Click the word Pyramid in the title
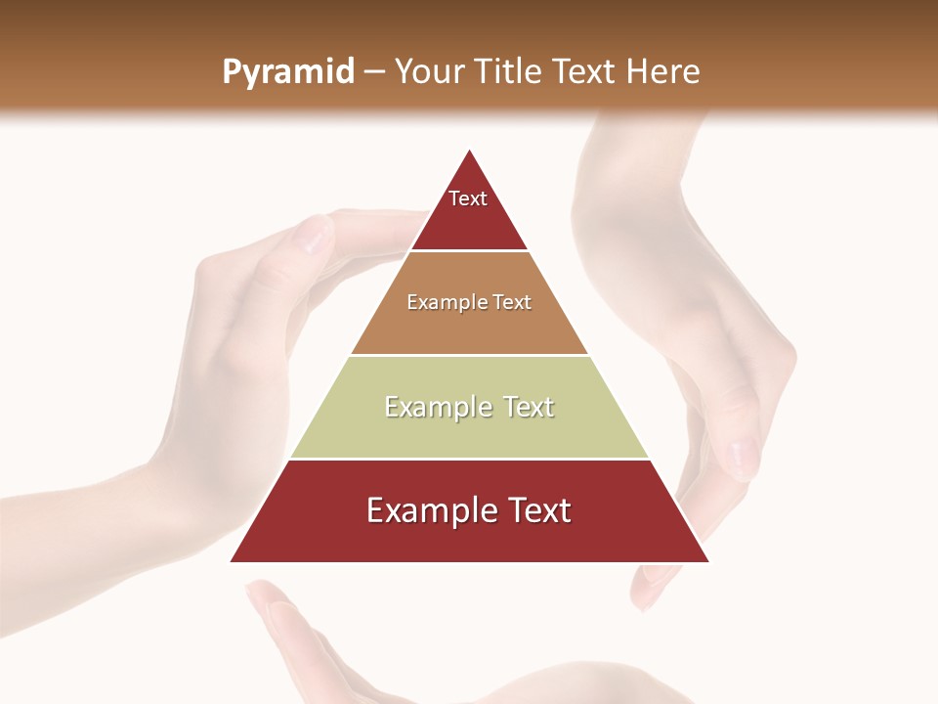[287, 72]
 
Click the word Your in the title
[430, 72]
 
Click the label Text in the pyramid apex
[468, 198]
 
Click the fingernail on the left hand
[317, 236]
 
